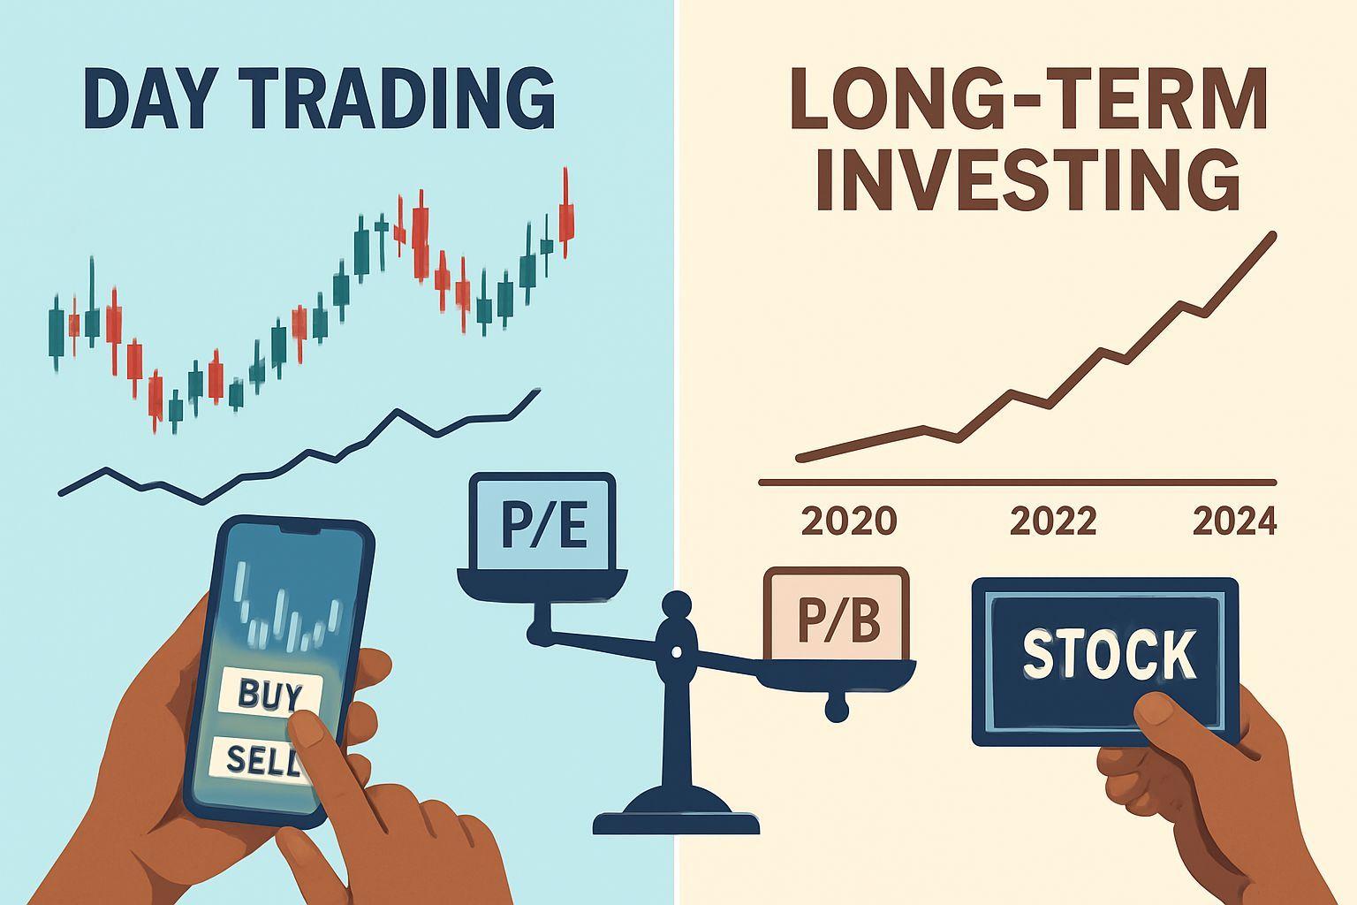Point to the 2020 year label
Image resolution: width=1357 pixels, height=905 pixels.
pos(849,521)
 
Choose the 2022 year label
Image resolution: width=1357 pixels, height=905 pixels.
pos(1053,521)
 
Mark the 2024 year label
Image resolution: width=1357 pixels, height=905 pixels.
pos(1234,521)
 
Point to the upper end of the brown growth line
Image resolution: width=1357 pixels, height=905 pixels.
pos(1273,236)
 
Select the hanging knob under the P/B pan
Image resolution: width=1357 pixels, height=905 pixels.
pos(837,711)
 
